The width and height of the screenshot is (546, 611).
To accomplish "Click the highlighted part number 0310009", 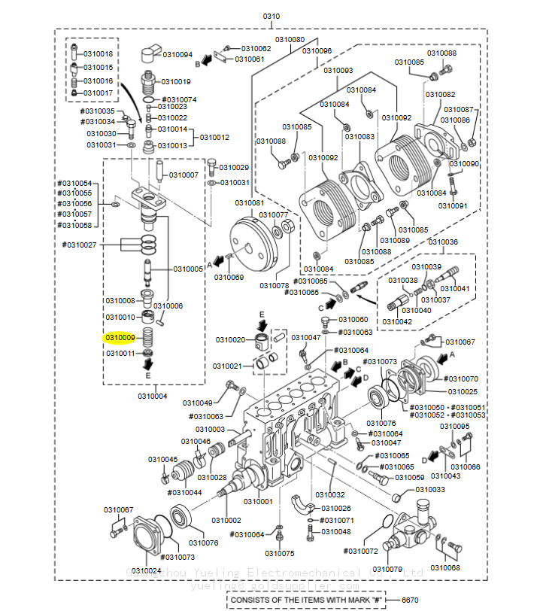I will [120, 338].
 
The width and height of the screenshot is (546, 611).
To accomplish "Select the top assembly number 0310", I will [271, 17].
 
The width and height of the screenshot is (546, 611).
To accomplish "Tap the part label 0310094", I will [178, 55].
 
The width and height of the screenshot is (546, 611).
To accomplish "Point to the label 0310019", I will [175, 81].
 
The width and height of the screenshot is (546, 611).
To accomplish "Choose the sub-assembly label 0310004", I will [153, 396].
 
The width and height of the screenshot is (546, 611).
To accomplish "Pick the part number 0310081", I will [249, 202].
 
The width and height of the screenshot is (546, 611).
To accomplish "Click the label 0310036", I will [442, 242].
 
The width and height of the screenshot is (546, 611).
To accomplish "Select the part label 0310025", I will [463, 391].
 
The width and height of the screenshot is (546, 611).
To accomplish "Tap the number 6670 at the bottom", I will [411, 600].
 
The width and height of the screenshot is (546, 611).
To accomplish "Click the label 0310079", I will [388, 569].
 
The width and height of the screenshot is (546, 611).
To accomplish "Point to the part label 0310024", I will [147, 570].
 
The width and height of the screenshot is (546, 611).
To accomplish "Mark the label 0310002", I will [226, 520].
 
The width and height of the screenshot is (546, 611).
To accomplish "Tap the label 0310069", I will [229, 277].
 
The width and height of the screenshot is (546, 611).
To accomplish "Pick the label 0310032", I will [330, 494].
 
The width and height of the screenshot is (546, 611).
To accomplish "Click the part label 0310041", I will [454, 288].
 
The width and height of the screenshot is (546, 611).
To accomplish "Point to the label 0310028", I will [212, 477].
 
